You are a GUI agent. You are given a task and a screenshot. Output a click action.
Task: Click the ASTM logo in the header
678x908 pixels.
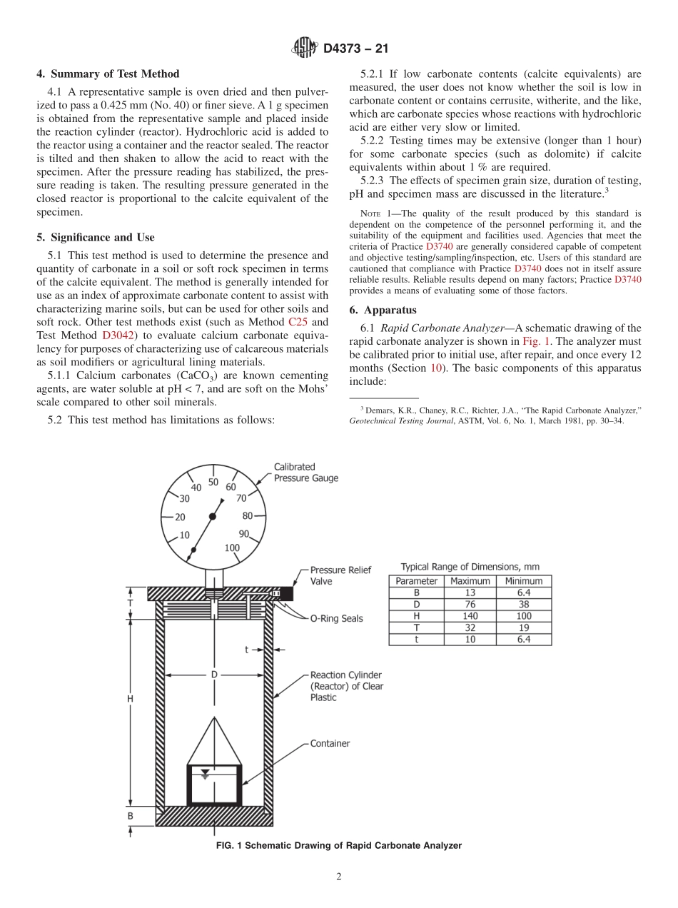pyautogui.click(x=305, y=49)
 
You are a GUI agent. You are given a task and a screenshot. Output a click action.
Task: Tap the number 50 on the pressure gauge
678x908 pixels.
pyautogui.click(x=213, y=482)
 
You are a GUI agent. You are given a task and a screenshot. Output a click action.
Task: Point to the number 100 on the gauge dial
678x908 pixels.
pyautogui.click(x=232, y=548)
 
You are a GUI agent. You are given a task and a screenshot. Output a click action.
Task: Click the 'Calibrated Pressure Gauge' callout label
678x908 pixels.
pyautogui.click(x=305, y=473)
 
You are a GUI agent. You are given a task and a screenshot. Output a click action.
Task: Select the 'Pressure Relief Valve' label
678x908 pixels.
pyautogui.click(x=340, y=576)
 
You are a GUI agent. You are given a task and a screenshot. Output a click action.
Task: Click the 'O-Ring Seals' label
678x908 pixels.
pyautogui.click(x=336, y=618)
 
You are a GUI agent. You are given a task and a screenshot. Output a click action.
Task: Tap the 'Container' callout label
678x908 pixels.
pyautogui.click(x=330, y=743)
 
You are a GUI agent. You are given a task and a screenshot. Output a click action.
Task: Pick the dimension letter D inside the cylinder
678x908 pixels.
pyautogui.click(x=213, y=673)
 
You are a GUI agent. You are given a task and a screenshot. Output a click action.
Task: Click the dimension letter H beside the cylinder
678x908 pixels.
pyautogui.click(x=130, y=700)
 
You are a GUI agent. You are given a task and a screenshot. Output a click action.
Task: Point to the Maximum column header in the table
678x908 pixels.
pyautogui.click(x=470, y=581)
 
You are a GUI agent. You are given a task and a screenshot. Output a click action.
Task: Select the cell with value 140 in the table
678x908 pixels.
pyautogui.click(x=470, y=615)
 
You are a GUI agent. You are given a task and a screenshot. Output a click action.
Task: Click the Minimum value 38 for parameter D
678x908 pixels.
pyautogui.click(x=523, y=604)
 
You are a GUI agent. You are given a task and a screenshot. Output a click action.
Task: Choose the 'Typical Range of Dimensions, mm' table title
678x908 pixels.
pyautogui.click(x=470, y=567)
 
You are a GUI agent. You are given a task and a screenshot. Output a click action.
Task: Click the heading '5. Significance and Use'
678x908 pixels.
pyautogui.click(x=96, y=237)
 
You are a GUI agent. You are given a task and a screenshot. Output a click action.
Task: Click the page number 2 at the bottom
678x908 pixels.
pyautogui.click(x=339, y=877)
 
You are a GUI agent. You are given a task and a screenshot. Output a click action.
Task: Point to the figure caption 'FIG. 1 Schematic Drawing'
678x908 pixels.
pyautogui.click(x=338, y=845)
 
